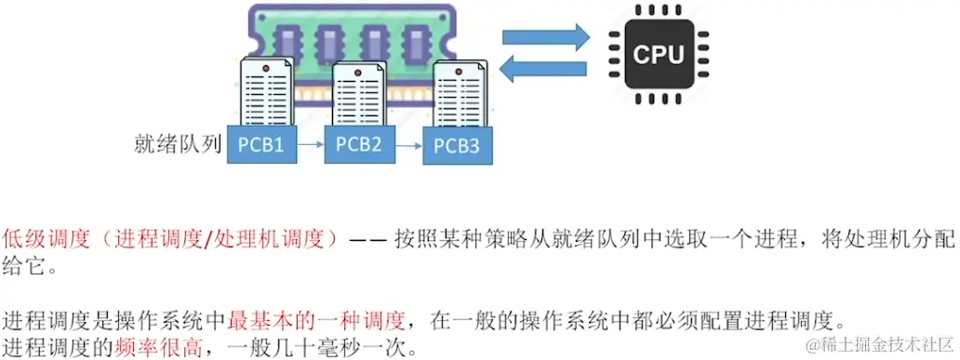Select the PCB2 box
(358, 145)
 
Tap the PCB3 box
(457, 147)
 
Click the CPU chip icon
(658, 53)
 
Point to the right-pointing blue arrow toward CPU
(546, 36)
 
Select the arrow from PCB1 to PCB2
(312, 146)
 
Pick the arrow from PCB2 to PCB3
(407, 146)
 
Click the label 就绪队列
(178, 145)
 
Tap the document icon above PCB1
(267, 92)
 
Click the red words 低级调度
(46, 238)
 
